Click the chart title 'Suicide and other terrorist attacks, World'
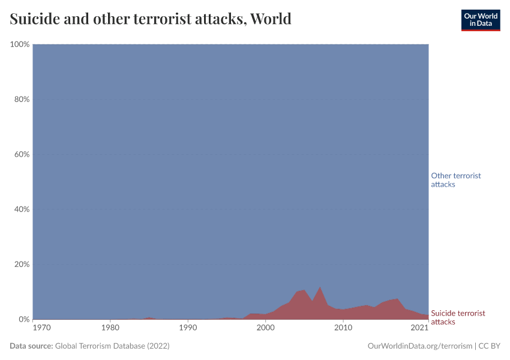[x=151, y=19]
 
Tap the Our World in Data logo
[x=480, y=20]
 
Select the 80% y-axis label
[x=21, y=100]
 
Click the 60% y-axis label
[x=21, y=154]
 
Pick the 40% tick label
[x=21, y=209]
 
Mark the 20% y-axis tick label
[x=21, y=265]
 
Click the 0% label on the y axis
[x=23, y=319]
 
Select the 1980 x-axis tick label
[x=110, y=328]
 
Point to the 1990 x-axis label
[x=188, y=328]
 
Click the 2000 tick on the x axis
[x=266, y=328]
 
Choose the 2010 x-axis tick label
[x=343, y=328]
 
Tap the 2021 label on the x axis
[x=419, y=328]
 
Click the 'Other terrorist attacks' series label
[x=456, y=180]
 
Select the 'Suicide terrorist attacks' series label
[x=458, y=317]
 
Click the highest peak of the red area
[x=320, y=287]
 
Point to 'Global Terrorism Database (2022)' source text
[x=112, y=346]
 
